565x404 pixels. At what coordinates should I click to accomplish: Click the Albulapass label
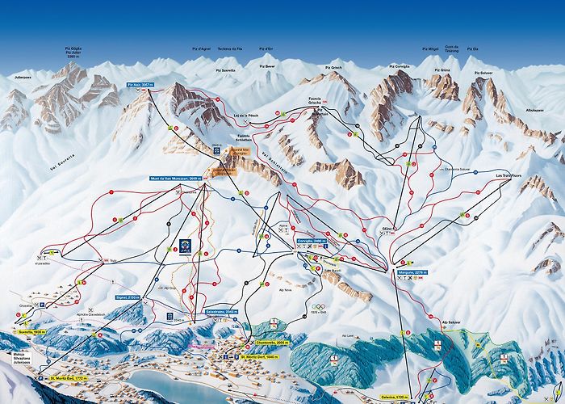click(x=535, y=107)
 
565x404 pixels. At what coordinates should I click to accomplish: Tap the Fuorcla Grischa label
click(x=322, y=101)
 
